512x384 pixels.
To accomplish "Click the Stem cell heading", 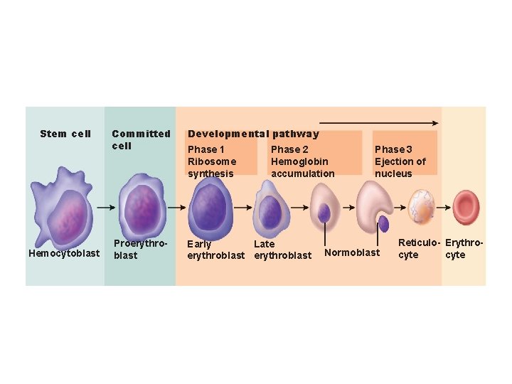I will pos(65,134).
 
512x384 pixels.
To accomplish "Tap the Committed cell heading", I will pos(141,139).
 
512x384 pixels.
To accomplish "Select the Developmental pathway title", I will pos(253,134).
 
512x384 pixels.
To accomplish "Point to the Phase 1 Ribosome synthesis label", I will pos(210,161).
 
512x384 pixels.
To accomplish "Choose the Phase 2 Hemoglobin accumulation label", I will pos(302,161).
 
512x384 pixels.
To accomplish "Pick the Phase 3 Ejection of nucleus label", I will pos(400,161).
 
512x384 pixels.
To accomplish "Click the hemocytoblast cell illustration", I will pos(65,208).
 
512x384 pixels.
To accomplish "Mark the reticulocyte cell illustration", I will pos(422,207).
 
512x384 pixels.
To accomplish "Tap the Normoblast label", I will pos(352,253).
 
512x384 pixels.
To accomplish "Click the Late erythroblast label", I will pos(282,250).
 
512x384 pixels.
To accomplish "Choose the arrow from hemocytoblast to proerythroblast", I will pos(106,208).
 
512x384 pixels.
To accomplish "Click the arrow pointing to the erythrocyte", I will pos(445,208).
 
